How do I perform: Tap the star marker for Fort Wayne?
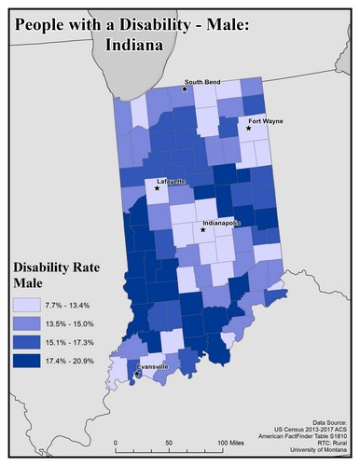[249, 129]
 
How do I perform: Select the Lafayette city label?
[170, 180]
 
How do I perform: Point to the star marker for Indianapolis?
[202, 229]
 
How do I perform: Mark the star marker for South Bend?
[186, 89]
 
